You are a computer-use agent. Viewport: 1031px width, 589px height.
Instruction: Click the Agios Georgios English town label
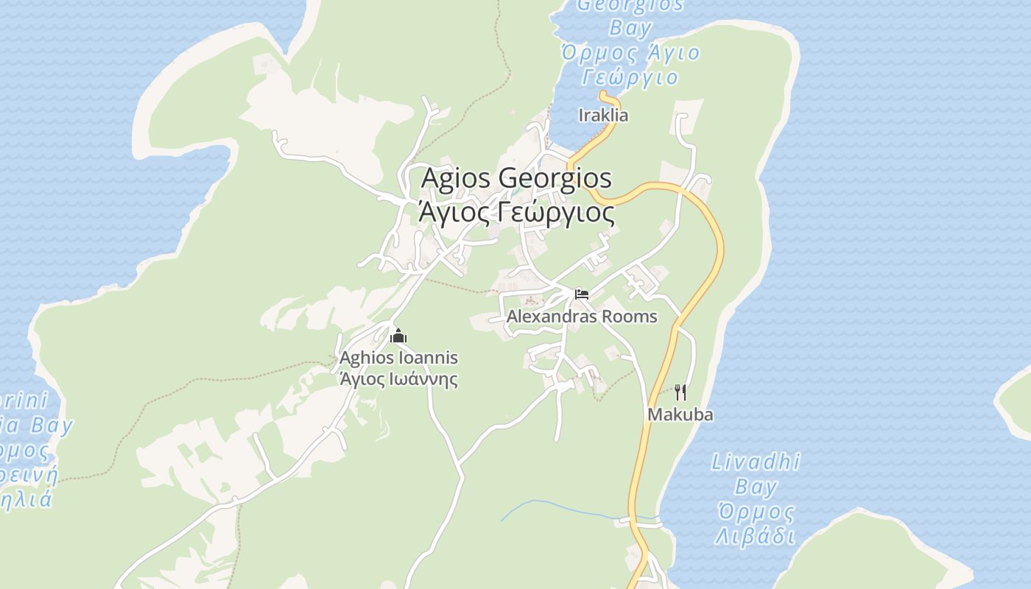[x=515, y=178]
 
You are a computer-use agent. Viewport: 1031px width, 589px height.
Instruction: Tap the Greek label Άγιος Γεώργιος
[x=515, y=213]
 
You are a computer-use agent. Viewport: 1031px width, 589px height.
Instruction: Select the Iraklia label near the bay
[x=603, y=116]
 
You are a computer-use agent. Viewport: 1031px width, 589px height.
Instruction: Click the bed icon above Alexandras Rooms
[x=582, y=294]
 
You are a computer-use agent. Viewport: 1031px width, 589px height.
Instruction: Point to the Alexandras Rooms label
[x=582, y=317]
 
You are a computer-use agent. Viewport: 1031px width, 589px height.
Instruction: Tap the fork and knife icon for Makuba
[x=680, y=392]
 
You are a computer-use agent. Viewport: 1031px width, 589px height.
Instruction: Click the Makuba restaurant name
[x=680, y=415]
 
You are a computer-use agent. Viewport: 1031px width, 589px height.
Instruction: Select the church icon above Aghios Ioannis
[x=398, y=336]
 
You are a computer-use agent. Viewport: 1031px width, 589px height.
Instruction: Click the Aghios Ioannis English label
[x=398, y=358]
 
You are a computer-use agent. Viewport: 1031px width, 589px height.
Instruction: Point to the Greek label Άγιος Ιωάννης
[x=398, y=380]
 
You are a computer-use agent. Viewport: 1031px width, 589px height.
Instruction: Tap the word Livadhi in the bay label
[x=756, y=462]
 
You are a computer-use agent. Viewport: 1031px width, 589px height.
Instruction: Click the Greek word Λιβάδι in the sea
[x=756, y=536]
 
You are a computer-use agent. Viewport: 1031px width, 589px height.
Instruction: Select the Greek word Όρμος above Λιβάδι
[x=756, y=512]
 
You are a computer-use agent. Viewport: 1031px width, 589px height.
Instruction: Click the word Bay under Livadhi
[x=756, y=487]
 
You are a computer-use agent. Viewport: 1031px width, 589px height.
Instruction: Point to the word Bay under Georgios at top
[x=631, y=29]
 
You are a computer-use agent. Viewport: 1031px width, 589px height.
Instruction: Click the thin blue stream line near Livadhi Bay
[x=560, y=506]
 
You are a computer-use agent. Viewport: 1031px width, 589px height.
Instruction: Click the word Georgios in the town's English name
[x=555, y=178]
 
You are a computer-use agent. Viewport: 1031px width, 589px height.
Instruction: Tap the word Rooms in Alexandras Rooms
[x=628, y=317]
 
